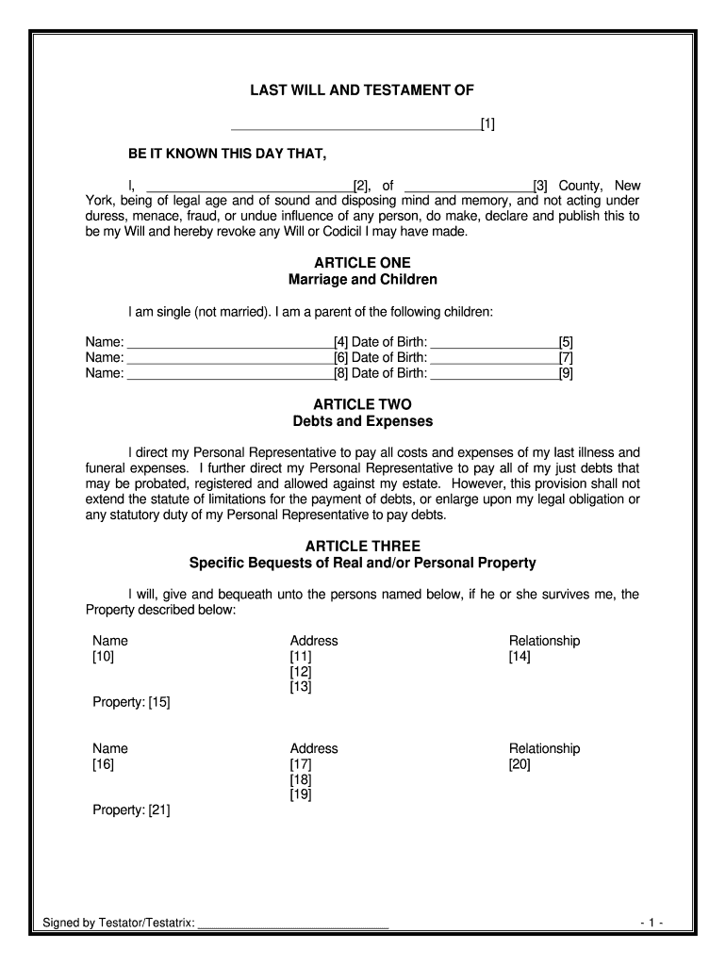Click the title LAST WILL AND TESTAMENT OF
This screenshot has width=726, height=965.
point(362,90)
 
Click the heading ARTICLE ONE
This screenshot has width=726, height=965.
point(362,263)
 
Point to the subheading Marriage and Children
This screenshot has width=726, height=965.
point(362,280)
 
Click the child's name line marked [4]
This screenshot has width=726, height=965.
point(229,343)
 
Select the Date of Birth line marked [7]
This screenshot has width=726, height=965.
point(493,358)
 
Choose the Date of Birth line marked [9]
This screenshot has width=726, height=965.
point(493,374)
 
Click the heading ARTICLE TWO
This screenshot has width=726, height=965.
point(362,404)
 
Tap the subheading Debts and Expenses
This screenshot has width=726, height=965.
point(362,421)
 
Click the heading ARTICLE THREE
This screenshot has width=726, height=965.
point(362,547)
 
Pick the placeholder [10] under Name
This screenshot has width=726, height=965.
point(104,657)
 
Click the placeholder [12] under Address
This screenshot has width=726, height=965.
point(301,672)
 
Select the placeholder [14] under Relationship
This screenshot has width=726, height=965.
point(520,657)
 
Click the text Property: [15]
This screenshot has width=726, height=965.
point(131,702)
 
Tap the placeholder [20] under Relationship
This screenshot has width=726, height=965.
point(520,765)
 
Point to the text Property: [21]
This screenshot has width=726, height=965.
point(131,810)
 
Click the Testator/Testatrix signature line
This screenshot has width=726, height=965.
point(293,923)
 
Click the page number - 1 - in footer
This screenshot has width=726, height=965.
point(652,922)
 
